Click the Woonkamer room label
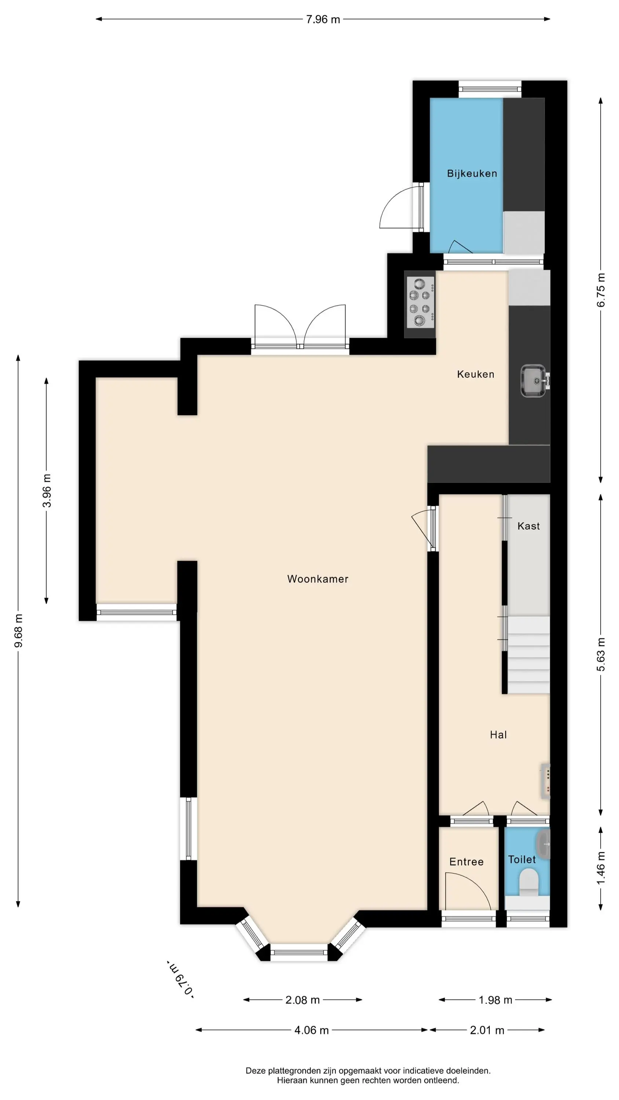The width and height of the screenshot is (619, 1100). point(318,579)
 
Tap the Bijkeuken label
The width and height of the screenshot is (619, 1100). point(472,173)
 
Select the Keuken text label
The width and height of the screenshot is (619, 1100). point(476,374)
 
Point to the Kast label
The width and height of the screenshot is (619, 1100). point(528,526)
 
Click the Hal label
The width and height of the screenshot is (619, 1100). point(498,734)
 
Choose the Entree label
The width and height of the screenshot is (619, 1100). point(466,862)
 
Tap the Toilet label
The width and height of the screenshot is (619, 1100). point(521,859)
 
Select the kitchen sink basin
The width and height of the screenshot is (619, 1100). point(533,381)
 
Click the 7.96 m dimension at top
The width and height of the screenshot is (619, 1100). point(323,19)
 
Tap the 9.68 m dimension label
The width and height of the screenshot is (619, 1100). point(18,631)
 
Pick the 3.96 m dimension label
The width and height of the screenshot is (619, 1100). point(47,491)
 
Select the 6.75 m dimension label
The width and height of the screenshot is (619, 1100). point(601,290)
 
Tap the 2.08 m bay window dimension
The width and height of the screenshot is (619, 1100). point(303,1000)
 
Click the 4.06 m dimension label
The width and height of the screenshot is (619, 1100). point(311,1030)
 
